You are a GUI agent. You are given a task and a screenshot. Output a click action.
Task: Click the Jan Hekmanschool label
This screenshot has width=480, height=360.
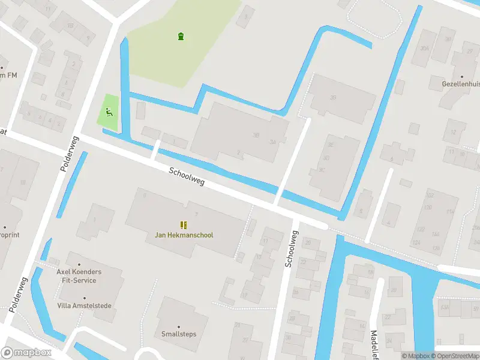coord(184,235)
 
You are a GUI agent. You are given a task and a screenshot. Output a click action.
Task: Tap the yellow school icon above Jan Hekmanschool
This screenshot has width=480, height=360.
coord(184,225)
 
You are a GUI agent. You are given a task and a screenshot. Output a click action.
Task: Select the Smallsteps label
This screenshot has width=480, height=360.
coord(179,334)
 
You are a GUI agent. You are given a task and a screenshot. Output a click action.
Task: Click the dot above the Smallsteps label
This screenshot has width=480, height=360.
coord(179,325)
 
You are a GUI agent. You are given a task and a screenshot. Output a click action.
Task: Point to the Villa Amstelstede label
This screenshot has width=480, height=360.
coord(84,306)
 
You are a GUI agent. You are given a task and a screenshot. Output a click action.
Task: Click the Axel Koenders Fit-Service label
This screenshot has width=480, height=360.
coord(79,276)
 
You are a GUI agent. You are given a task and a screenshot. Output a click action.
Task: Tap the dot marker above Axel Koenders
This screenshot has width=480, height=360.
coord(79,263)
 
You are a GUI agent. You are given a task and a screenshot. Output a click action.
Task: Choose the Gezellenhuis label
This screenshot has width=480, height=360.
coord(461,85)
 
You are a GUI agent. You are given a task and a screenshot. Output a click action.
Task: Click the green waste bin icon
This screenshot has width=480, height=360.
coord(181,37)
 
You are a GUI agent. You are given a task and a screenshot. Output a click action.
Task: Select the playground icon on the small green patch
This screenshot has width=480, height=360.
coord(109,111)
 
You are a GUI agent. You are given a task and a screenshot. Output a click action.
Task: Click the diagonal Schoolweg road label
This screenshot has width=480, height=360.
coord(187,176)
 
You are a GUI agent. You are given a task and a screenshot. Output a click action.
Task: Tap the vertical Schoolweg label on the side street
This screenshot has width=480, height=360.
coord(291,250)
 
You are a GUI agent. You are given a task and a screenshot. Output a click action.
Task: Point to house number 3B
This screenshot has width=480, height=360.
coord(257,135)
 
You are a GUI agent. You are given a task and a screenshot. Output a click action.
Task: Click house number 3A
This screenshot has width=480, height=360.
coord(272,142)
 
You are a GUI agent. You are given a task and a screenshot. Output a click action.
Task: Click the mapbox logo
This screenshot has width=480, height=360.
coord(26,353)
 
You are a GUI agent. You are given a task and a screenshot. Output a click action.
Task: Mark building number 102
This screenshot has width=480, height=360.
coord(430,196)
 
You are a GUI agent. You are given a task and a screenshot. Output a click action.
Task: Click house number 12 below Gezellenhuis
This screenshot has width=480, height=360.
coord(454,132)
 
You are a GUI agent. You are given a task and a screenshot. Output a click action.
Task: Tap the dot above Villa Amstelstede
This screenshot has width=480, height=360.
coord(84,298)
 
